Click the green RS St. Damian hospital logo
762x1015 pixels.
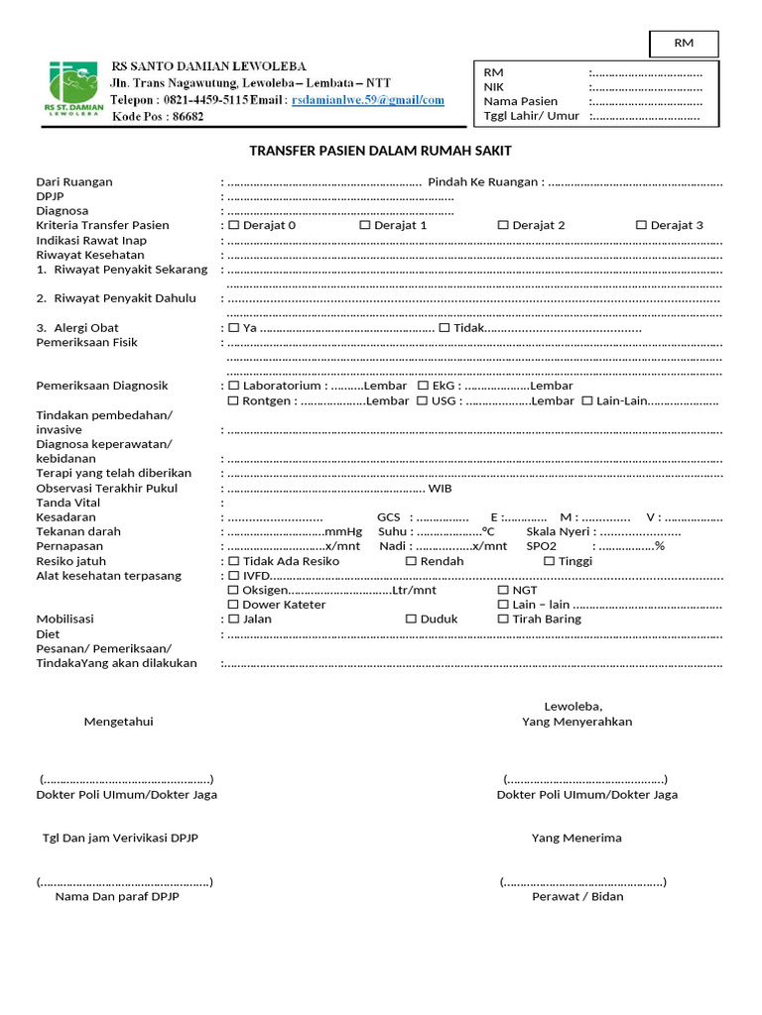[x=73, y=89]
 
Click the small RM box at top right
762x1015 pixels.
[x=684, y=43]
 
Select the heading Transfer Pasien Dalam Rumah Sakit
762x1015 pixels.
[x=380, y=151]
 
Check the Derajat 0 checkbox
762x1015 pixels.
[x=233, y=225]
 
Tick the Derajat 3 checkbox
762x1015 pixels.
[x=641, y=225]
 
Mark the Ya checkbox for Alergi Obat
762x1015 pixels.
[x=233, y=328]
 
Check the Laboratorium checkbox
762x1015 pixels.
[x=233, y=386]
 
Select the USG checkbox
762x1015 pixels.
[x=423, y=400]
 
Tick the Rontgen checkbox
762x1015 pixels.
[x=233, y=400]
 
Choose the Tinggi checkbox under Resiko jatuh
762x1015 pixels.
[x=549, y=561]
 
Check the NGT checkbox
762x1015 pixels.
[x=503, y=590]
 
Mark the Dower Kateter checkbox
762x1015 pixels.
[x=233, y=605]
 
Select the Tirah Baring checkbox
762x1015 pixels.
[x=503, y=619]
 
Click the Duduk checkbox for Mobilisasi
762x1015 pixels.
[x=411, y=619]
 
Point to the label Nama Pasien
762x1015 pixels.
[x=520, y=101]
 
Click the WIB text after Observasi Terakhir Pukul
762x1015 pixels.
[x=441, y=488]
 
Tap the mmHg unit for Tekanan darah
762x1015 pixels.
[x=343, y=531]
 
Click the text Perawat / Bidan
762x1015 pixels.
[x=577, y=896]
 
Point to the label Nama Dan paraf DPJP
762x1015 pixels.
[x=117, y=896]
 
